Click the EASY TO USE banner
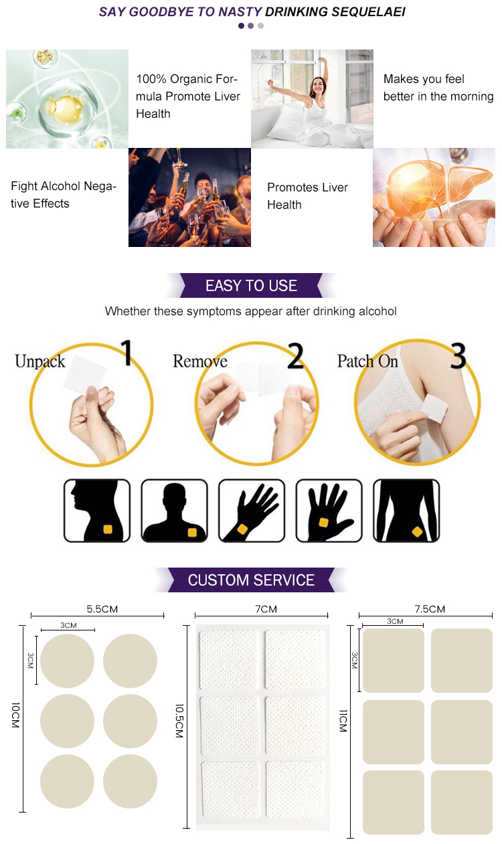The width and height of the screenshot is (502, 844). (251, 286)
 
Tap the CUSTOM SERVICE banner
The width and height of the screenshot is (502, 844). (251, 580)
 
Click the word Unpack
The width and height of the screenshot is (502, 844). (40, 362)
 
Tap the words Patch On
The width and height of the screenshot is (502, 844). (367, 361)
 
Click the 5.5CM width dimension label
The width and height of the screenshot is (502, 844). (102, 609)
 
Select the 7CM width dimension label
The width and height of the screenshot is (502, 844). (266, 609)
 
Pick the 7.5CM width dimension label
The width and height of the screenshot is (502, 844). (430, 609)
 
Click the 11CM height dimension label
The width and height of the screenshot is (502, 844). (343, 721)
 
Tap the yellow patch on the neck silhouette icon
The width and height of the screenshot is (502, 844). (107, 529)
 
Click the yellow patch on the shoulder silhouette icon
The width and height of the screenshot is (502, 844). (192, 532)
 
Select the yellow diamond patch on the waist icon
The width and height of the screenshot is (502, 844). (417, 532)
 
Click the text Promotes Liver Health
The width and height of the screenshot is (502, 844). (307, 196)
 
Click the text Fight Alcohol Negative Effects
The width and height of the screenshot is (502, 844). (64, 195)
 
